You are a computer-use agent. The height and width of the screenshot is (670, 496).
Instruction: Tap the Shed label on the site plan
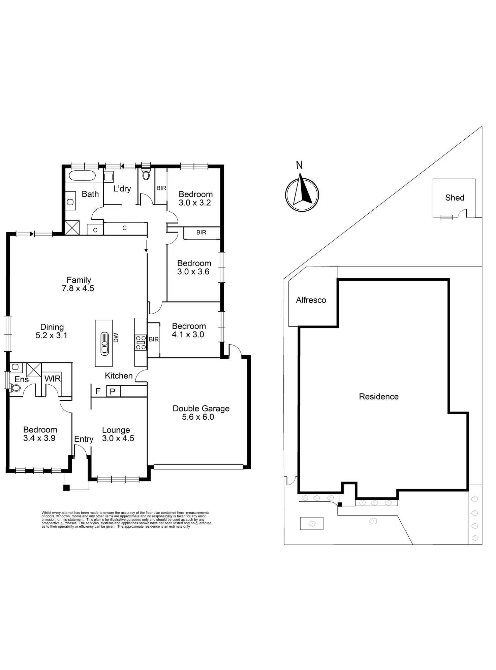(x=455, y=198)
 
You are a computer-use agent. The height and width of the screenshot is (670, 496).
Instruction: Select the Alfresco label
(x=311, y=300)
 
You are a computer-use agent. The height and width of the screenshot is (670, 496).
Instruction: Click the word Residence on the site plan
(x=378, y=396)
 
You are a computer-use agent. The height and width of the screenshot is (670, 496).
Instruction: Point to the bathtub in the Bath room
(x=82, y=175)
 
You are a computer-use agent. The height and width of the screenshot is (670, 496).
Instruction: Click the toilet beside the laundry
(x=146, y=175)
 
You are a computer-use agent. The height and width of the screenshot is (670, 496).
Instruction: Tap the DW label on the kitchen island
(x=116, y=338)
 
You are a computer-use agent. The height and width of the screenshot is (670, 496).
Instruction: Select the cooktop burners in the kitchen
(x=141, y=343)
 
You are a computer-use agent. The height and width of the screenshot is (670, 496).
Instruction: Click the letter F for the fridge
(x=98, y=391)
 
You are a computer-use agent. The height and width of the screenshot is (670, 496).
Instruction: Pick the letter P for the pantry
(x=113, y=391)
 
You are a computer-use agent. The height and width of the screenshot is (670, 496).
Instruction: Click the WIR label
(x=53, y=378)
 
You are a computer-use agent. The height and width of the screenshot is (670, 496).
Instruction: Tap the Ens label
(x=22, y=379)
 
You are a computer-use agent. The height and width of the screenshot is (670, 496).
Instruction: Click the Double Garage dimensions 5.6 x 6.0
(x=198, y=417)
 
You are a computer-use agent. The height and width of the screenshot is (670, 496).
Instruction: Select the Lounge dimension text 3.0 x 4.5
(x=118, y=438)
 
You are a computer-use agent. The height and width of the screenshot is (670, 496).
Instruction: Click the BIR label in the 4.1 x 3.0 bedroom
(x=154, y=339)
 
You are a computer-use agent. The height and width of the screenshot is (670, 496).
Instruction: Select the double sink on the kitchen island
(x=104, y=343)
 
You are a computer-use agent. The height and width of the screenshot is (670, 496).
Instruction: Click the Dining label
(x=52, y=327)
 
